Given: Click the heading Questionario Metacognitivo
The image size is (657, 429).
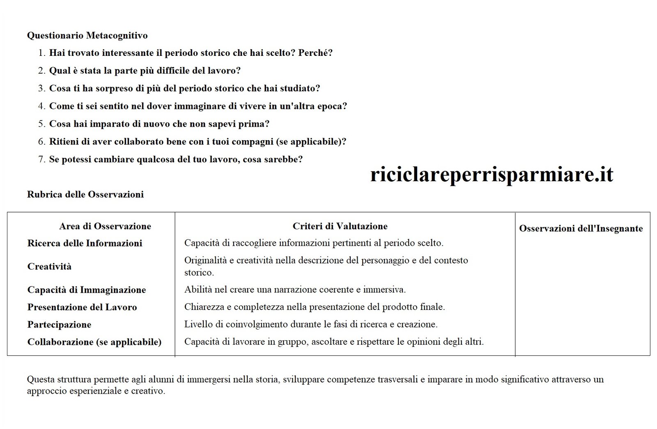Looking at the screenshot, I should pos(87,36).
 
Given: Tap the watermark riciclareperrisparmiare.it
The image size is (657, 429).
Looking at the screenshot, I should pos(492,174).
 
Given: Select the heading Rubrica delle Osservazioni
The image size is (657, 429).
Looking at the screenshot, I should pos(85,194).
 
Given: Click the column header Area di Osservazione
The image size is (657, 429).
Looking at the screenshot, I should pos(105,226).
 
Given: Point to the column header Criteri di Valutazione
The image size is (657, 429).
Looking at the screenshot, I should pos(340,226).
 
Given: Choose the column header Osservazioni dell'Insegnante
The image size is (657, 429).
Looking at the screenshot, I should pos(581,228).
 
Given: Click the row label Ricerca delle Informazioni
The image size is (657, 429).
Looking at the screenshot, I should pos(85,243).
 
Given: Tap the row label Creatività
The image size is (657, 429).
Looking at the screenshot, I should pos(49,267).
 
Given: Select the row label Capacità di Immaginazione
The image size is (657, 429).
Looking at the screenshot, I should pos(87,290).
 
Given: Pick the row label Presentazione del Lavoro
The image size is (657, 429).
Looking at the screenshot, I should pos(82,307).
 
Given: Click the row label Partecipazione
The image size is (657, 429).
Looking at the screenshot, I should pos(59,325).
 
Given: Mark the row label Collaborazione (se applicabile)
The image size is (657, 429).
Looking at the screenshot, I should pos(94,342).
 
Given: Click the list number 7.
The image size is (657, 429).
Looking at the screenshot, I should pos(41,159).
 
